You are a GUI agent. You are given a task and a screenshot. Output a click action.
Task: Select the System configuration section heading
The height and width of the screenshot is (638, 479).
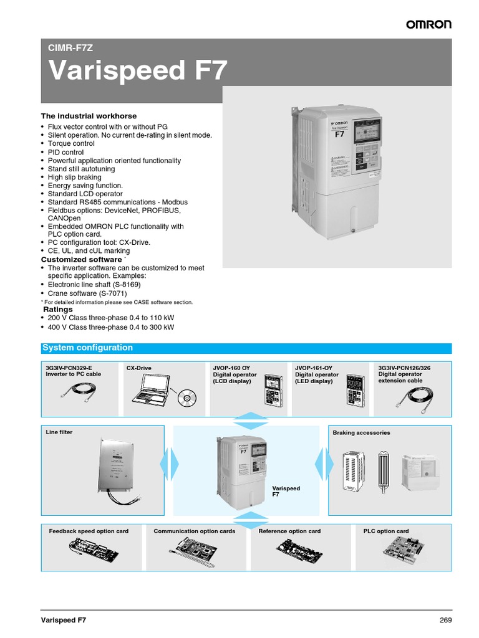87,348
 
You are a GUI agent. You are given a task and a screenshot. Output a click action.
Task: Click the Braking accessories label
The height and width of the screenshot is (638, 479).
361,432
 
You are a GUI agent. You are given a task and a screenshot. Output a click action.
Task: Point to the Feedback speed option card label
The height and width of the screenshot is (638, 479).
89,531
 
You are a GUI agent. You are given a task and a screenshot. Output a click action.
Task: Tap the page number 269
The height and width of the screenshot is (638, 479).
445,620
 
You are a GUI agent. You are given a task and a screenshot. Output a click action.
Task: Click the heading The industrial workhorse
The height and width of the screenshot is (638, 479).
89,116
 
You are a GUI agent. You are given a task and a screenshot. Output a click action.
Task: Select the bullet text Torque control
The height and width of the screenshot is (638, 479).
71,143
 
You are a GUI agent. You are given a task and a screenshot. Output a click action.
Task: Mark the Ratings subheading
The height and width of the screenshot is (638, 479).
57,309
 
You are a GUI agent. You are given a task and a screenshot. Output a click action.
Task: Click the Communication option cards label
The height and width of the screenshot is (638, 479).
195,531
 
